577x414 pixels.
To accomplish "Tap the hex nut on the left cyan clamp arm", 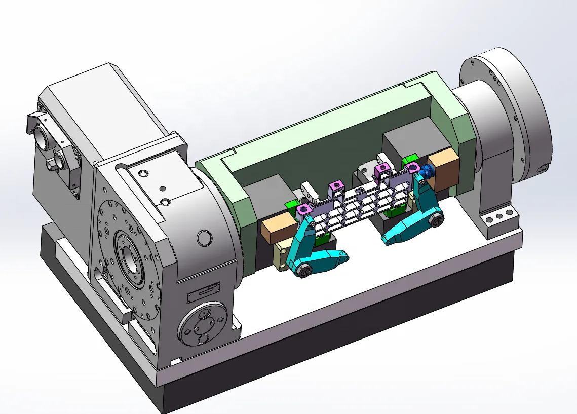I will pyautogui.click(x=303, y=272).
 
